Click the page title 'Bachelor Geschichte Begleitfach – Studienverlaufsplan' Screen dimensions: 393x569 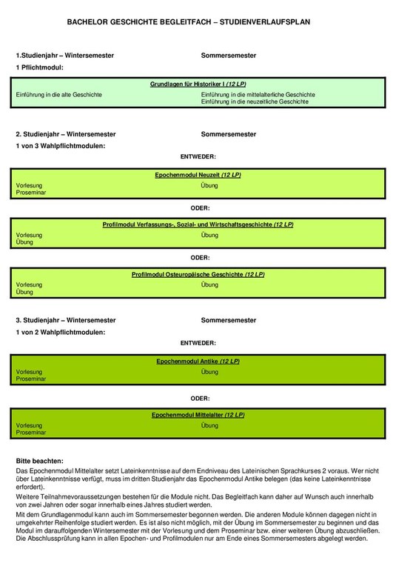point(199,23)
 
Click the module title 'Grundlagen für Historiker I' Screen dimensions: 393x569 point(198,85)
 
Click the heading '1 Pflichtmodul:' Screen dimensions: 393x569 point(40,67)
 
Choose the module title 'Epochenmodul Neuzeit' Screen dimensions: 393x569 point(198,175)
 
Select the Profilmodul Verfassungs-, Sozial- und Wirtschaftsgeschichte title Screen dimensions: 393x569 point(198,224)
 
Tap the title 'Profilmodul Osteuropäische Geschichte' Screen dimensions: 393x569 point(198,274)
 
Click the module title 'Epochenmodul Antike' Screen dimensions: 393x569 point(198,361)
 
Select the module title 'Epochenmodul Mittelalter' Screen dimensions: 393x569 point(198,415)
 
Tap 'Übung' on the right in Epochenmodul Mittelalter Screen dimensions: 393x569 point(209,426)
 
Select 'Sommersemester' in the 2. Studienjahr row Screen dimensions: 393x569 point(228,134)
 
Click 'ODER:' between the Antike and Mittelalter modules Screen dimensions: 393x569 point(199,398)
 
